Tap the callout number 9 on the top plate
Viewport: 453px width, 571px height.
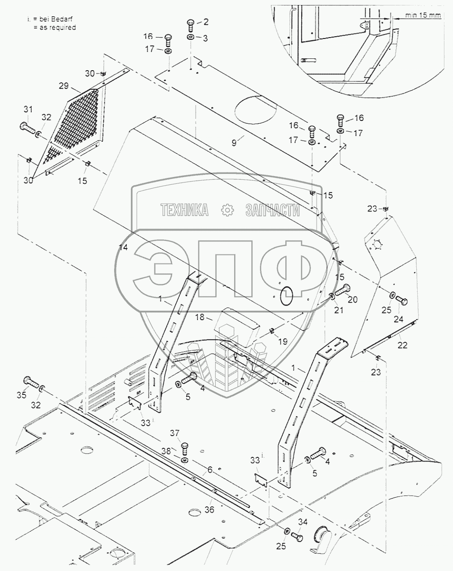tap(234, 143)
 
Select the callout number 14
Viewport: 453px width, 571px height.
tap(123, 247)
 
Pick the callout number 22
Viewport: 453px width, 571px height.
tap(402, 345)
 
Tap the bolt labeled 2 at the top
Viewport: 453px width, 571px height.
tap(191, 24)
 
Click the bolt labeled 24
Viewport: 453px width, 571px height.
tap(401, 300)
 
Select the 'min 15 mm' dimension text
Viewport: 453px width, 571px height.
tap(423, 15)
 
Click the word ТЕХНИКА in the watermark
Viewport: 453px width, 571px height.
tap(184, 210)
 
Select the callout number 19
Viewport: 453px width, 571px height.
tap(282, 341)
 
